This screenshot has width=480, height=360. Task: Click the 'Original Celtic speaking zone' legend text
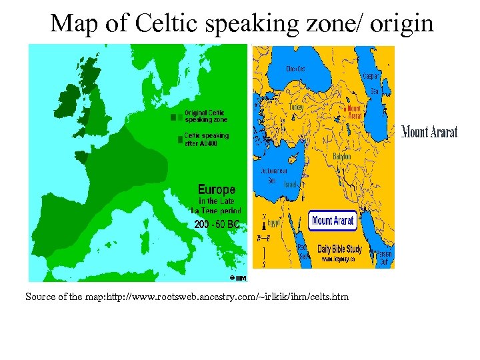tap(205, 116)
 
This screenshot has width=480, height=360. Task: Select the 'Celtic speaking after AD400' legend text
tap(206, 139)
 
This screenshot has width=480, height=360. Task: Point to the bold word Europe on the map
tap(216, 189)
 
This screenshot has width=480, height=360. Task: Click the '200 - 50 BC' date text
tap(216, 225)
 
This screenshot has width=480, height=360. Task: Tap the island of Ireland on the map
tap(69, 103)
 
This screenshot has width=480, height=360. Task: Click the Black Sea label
tap(296, 69)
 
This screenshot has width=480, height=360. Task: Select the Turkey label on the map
tap(296, 107)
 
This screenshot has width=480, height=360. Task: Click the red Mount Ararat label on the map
tap(353, 112)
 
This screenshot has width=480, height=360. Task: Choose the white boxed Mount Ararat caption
tap(333, 221)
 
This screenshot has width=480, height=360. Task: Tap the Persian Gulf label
tap(383, 258)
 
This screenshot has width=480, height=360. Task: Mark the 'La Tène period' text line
tap(216, 211)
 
